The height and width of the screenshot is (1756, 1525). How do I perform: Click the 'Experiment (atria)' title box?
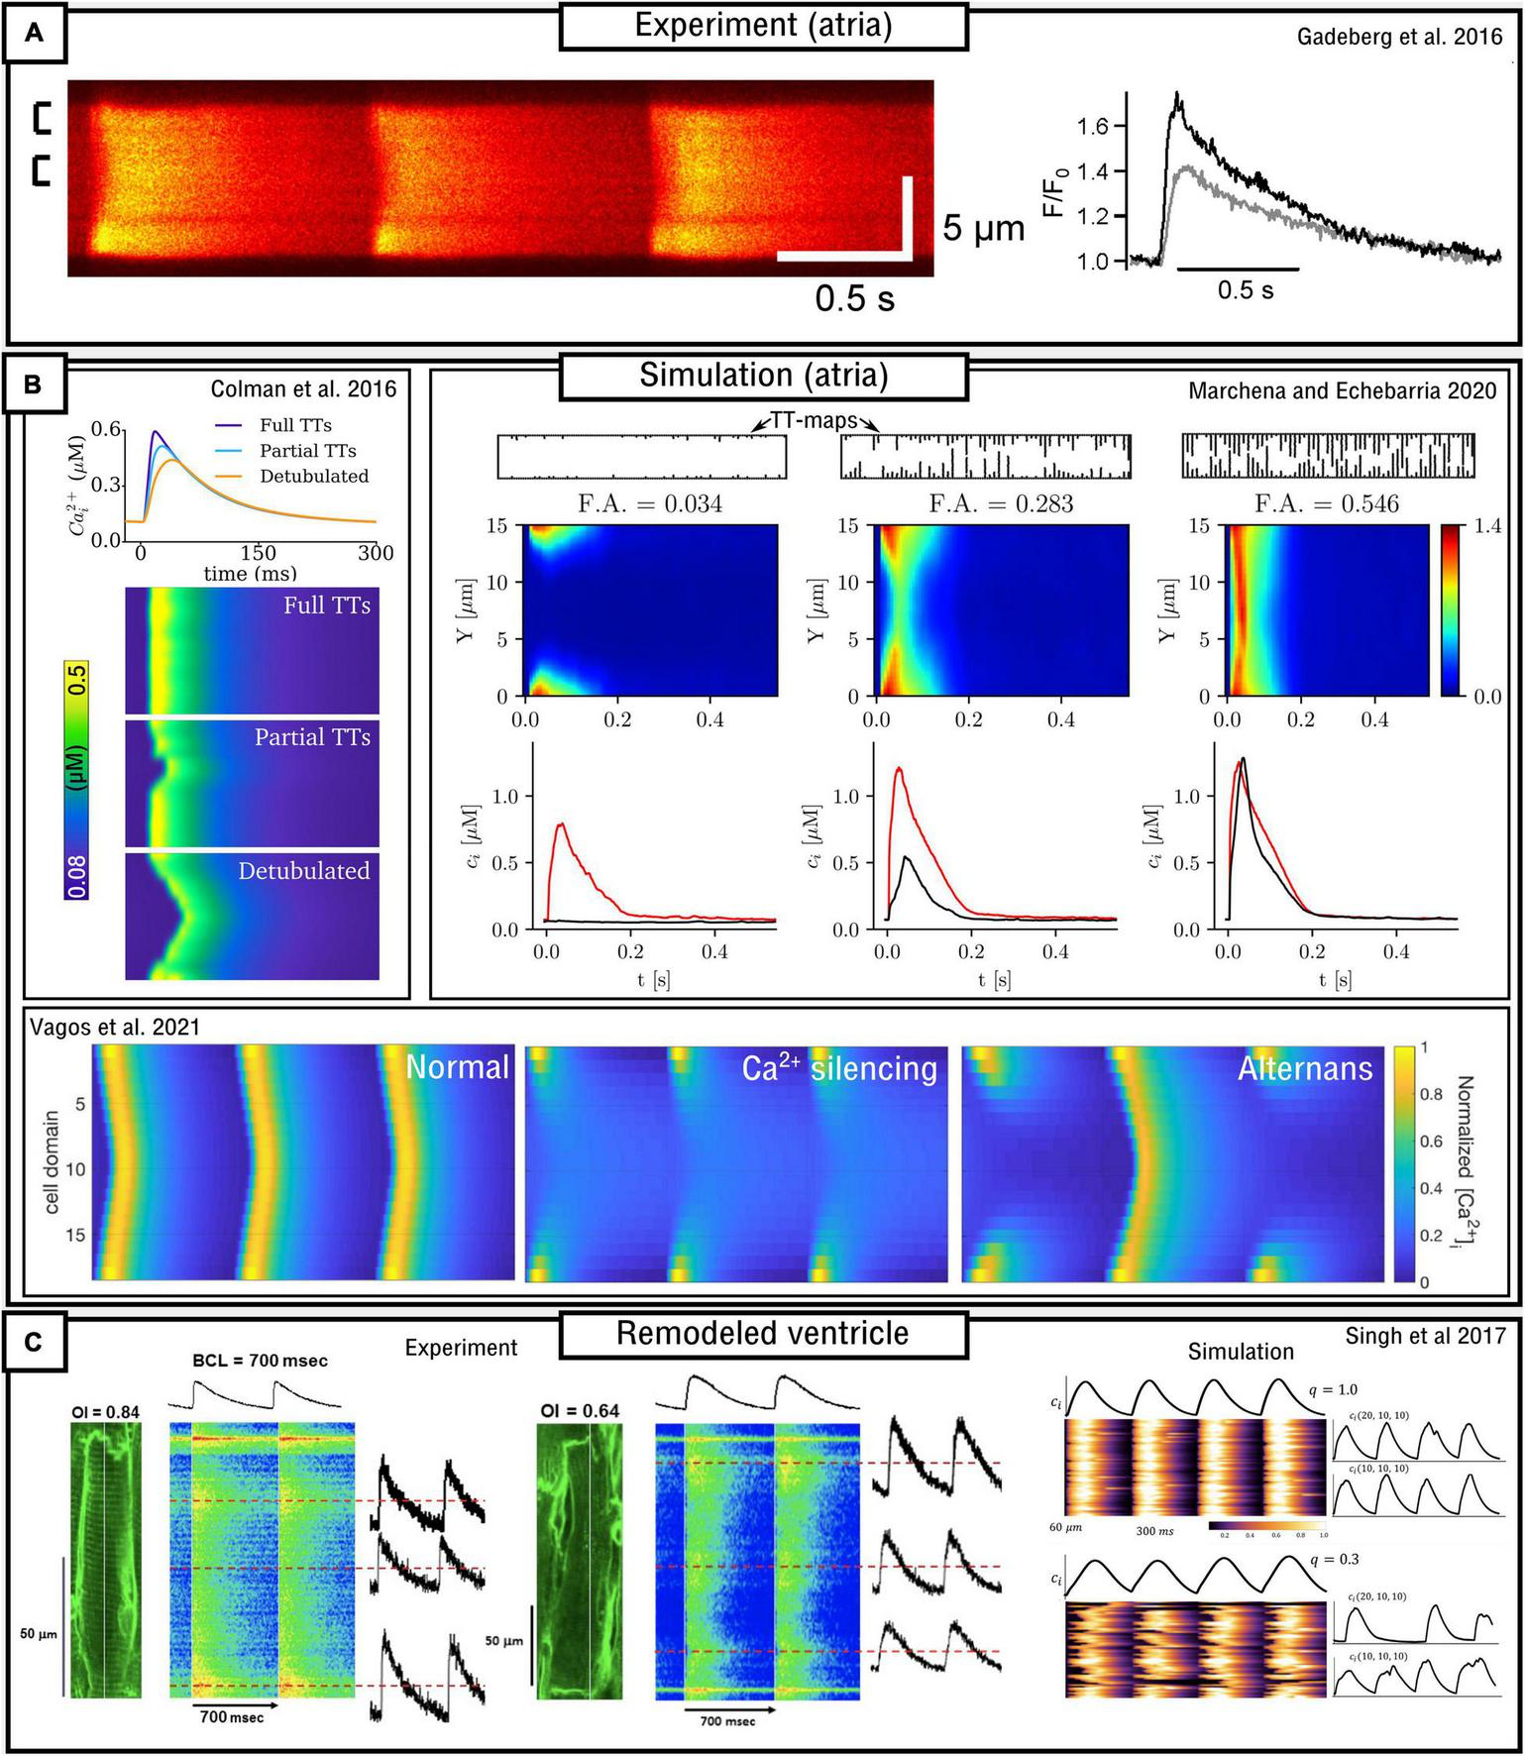tap(763, 27)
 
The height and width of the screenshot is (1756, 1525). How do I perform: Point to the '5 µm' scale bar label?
tap(982, 229)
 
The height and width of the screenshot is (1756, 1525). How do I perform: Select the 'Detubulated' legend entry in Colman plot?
tap(313, 476)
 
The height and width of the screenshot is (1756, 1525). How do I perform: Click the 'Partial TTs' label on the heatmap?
tap(312, 737)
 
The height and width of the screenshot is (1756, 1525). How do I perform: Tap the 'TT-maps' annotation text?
tap(815, 420)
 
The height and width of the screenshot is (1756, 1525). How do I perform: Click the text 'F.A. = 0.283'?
tap(1001, 503)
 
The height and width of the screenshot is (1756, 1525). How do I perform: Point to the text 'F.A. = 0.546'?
tap(1327, 503)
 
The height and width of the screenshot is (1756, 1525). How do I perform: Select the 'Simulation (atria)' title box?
tap(763, 376)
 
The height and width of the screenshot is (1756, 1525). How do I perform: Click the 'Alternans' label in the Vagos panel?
tap(1304, 1067)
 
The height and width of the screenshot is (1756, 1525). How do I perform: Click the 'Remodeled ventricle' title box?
tap(763, 1333)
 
